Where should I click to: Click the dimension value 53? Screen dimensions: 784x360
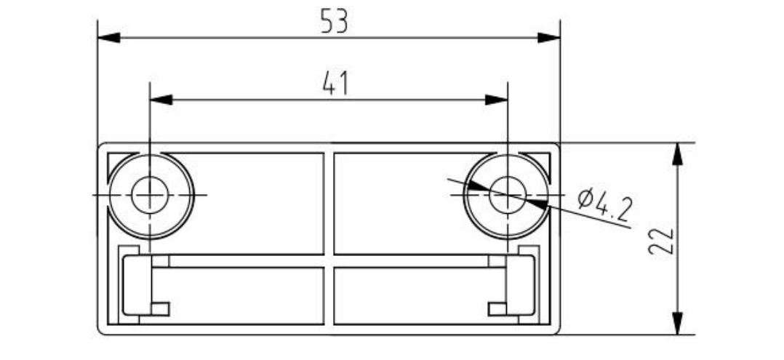(x=334, y=22)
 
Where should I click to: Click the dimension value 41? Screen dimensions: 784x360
(x=335, y=83)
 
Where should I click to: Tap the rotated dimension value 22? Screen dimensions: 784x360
(x=662, y=241)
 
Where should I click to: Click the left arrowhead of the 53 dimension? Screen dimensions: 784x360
(x=108, y=38)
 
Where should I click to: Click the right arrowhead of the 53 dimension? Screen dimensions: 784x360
(x=549, y=38)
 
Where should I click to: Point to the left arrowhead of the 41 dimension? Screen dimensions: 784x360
(x=161, y=100)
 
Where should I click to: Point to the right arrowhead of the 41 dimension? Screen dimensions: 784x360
(x=497, y=100)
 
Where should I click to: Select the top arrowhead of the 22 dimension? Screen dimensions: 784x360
(x=678, y=154)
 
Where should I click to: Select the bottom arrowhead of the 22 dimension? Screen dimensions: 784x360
(x=678, y=324)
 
